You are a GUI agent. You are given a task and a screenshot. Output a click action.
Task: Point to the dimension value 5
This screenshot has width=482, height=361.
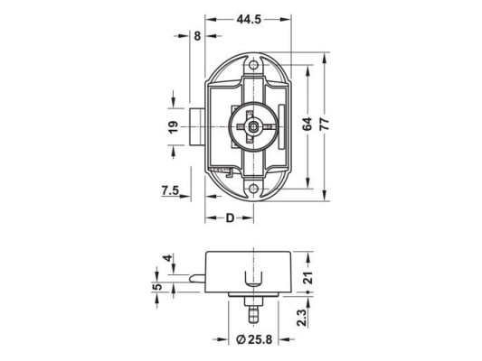click(x=157, y=288)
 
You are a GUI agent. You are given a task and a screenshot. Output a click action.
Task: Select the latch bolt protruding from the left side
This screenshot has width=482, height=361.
click(x=196, y=127)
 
